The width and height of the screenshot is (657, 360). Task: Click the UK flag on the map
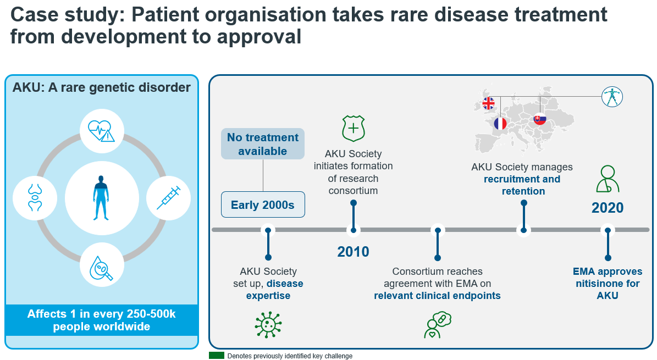pyautogui.click(x=488, y=103)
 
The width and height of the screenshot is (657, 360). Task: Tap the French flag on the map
pyautogui.click(x=500, y=124)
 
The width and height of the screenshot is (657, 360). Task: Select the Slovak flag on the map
pyautogui.click(x=540, y=119)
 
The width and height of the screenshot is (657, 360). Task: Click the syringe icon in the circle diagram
pyautogui.click(x=168, y=198)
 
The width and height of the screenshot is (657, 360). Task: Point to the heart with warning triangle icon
pyautogui.click(x=101, y=131)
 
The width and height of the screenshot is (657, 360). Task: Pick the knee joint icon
pyautogui.click(x=35, y=197)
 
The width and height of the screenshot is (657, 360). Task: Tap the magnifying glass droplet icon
pyautogui.click(x=101, y=268)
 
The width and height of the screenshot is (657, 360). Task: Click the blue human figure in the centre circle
pyautogui.click(x=101, y=198)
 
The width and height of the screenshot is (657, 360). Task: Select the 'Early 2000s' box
pyautogui.click(x=263, y=204)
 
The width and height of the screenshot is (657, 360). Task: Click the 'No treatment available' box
pyautogui.click(x=263, y=144)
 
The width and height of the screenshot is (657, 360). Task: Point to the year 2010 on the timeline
pyautogui.click(x=353, y=252)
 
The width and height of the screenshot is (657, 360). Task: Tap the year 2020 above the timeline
pyautogui.click(x=608, y=207)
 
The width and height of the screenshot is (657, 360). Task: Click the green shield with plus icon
pyautogui.click(x=353, y=128)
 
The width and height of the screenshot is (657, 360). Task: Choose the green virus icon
pyautogui.click(x=268, y=324)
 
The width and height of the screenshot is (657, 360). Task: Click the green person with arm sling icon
pyautogui.click(x=608, y=179)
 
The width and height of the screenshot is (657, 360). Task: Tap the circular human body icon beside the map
pyautogui.click(x=612, y=97)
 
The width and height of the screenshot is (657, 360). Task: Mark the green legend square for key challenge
pyautogui.click(x=217, y=356)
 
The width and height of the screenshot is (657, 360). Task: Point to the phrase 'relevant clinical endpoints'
pyautogui.click(x=438, y=296)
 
